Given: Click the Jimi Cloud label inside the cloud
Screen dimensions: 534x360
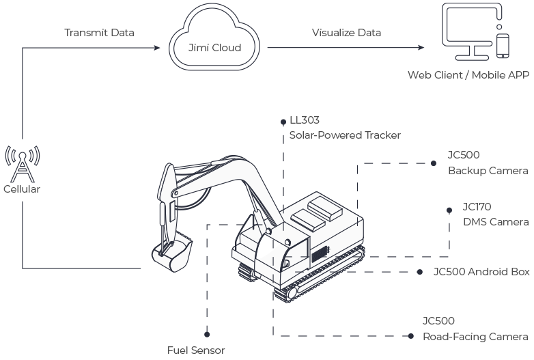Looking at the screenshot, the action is point(214,47).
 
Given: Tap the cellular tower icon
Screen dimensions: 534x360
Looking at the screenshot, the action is point(23,164).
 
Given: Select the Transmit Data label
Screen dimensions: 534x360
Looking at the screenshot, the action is point(99,33).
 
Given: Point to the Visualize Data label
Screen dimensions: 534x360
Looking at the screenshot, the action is point(346,33).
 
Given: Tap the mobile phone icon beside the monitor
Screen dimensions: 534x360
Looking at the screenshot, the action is point(503,46).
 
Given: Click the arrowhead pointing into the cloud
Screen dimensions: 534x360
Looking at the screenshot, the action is point(156,48).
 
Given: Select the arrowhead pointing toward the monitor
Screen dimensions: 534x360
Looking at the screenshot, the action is point(421,47).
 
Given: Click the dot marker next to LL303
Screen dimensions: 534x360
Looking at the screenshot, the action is point(283,122).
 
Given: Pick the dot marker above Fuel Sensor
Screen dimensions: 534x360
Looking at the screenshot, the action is point(207,335).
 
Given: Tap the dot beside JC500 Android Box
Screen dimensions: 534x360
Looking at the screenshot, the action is point(419,272).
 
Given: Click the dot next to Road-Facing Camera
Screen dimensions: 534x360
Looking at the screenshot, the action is point(410,336).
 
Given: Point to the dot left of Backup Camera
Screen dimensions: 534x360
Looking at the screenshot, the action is point(433,163).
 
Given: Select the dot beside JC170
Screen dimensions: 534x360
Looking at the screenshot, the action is point(449,210).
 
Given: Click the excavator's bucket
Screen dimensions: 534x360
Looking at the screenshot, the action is point(171,252).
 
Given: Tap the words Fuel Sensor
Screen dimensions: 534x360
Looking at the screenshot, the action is point(196,350).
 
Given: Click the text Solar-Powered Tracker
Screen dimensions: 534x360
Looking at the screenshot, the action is point(345,135).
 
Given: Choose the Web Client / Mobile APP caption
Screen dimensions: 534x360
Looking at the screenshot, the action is point(468,75).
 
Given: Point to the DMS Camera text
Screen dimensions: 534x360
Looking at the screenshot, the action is point(496,222).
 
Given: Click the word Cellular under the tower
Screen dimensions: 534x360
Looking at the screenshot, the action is point(22,189).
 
